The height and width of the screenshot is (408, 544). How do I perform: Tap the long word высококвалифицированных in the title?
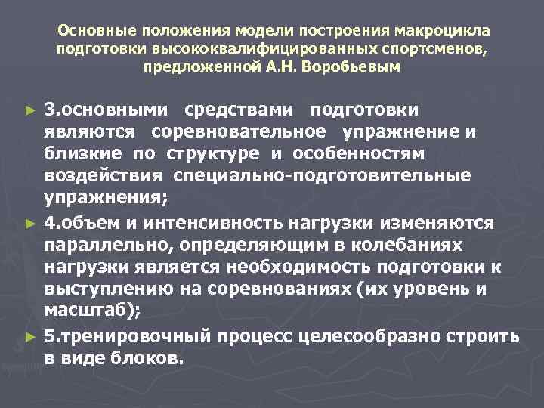244,49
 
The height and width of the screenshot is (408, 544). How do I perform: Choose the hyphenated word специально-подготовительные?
322,176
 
